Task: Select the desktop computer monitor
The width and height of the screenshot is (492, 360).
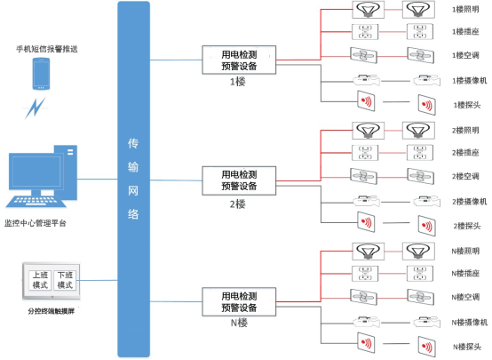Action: coord(36,174)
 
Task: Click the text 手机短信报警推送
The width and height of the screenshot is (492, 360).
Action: coord(45,46)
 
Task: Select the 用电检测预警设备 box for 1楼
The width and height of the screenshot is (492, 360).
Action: coord(239,60)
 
